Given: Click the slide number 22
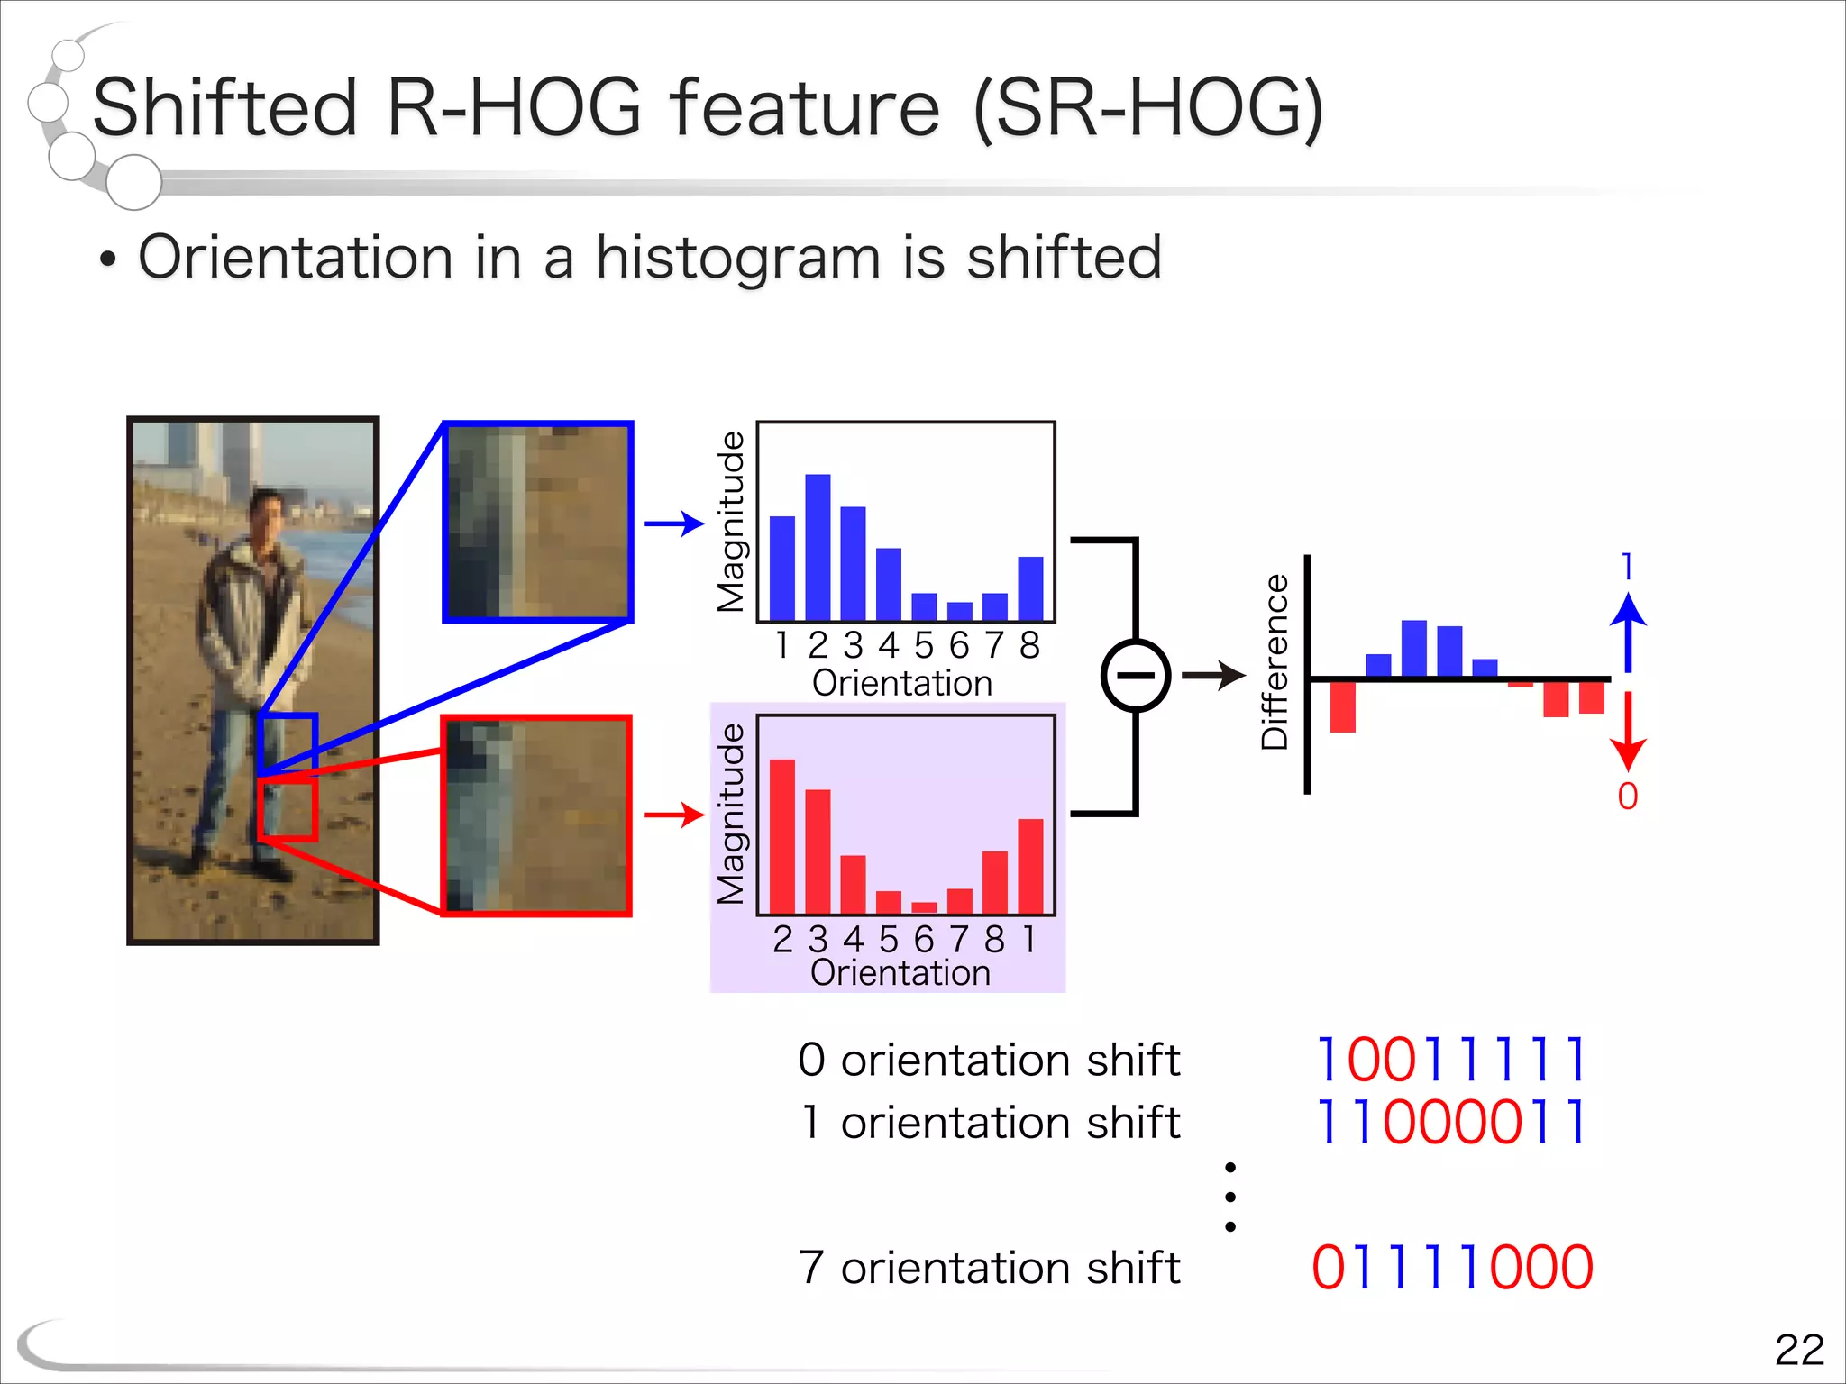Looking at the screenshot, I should pos(1798,1350).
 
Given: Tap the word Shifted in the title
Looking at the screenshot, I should pos(225,108).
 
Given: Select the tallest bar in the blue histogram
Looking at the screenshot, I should pos(818,546).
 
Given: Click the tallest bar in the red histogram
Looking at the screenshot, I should pos(782,836).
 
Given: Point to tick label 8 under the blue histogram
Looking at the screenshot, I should pos(1029,645).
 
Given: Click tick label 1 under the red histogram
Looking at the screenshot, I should pos(1028,939).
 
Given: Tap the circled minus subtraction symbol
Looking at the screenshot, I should pos(1136,676).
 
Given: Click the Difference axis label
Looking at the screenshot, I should pos(1274,662).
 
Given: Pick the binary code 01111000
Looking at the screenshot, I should pos(1451,1268).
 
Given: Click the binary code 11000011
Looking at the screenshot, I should pos(1451,1123).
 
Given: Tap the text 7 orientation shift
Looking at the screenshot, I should pos(989,1268).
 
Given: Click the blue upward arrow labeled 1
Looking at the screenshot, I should pos(1627,631).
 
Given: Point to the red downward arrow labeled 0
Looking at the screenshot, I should pos(1627,730).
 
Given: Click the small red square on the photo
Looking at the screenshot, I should pos(287,810).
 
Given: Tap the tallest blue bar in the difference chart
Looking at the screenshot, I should pos(1413,649).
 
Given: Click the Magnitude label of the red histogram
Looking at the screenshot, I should pos(731,815).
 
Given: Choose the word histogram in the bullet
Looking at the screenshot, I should pos(737,259).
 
